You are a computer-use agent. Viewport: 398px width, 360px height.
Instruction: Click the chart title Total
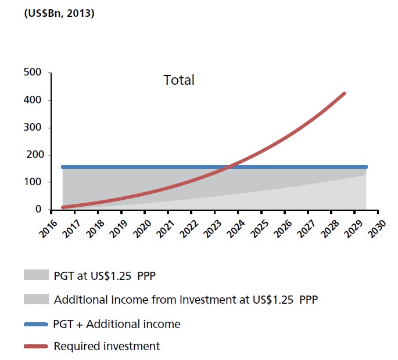179,80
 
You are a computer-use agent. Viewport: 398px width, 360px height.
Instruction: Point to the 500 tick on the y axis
33,73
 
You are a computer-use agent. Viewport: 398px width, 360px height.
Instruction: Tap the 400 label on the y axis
33,100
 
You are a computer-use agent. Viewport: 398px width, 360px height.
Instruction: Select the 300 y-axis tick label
33,128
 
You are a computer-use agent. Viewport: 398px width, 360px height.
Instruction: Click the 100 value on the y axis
33,182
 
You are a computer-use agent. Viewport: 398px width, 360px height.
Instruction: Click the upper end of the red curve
345,93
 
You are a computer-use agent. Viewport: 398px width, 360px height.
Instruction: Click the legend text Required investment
106,347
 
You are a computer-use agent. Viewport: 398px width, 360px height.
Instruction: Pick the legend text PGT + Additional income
116,324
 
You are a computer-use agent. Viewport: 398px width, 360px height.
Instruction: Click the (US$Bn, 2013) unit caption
59,13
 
